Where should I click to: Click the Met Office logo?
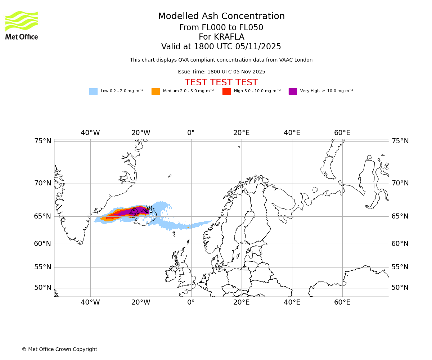(22, 25)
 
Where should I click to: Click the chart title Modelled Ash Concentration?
(221, 17)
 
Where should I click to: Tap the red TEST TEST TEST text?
(221, 82)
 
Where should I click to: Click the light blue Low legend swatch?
(93, 91)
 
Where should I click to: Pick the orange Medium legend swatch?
(156, 91)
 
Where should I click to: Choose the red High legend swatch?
(226, 91)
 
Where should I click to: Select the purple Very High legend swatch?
(293, 91)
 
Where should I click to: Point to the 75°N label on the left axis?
(42, 141)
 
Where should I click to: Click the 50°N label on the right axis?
(400, 288)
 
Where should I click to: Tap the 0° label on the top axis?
(191, 133)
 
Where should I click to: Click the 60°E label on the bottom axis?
(342, 302)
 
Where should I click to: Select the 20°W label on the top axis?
(140, 133)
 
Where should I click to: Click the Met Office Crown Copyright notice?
(59, 349)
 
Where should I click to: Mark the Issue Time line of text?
(221, 72)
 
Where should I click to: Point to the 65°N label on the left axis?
(42, 216)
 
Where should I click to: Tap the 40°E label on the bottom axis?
(292, 302)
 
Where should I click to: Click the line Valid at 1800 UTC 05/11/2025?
(221, 47)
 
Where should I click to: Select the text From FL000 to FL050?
(221, 28)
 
